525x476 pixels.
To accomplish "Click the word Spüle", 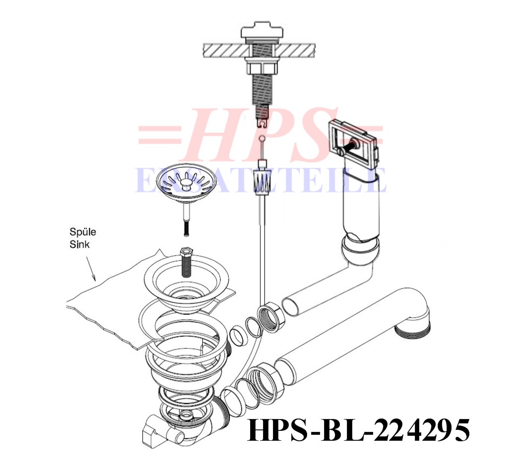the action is (x=83, y=232).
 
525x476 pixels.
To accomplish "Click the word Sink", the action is (x=80, y=244).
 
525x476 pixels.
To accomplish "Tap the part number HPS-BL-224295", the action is (x=358, y=430).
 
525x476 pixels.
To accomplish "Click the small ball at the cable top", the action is (x=262, y=138).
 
